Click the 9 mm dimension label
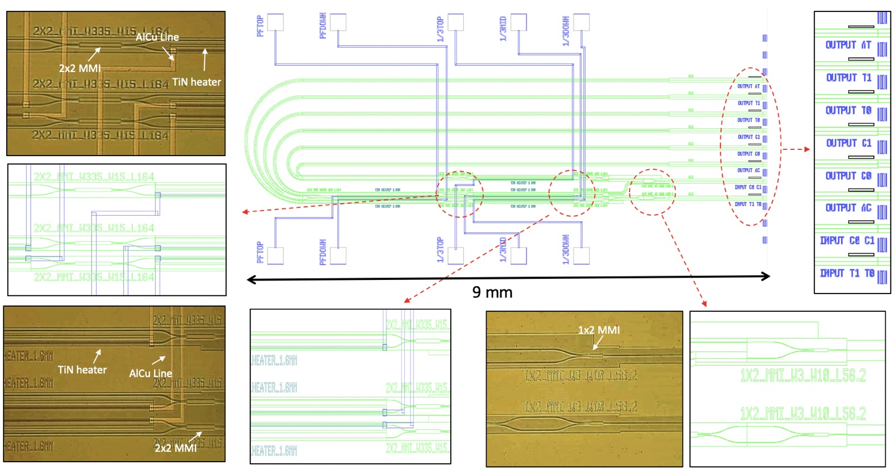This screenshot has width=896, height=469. (492, 292)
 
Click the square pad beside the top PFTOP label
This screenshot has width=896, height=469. (275, 22)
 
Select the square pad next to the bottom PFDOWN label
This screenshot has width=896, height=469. (338, 256)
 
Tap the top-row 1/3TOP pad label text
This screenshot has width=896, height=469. (440, 29)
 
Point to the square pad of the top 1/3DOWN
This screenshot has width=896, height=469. (581, 22)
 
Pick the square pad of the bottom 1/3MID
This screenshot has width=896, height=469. (518, 256)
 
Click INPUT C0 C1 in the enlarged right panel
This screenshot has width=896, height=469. (847, 241)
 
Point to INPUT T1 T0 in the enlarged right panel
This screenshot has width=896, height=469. (847, 273)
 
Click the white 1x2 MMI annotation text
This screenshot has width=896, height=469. (598, 330)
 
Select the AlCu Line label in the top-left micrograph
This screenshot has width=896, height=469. (157, 37)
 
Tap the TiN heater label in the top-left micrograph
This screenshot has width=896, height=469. (196, 82)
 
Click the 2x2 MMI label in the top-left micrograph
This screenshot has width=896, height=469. (80, 68)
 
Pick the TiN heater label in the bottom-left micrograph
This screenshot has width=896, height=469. (82, 370)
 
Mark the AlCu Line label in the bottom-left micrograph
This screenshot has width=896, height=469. (150, 373)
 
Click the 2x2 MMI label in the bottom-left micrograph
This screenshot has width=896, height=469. (176, 447)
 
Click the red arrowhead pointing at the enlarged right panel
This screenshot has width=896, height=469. (807, 149)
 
